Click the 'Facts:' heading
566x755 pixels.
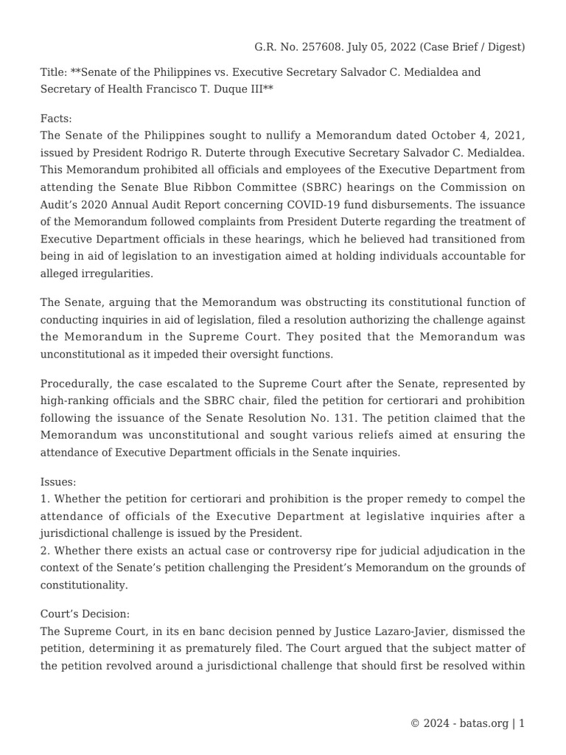(56, 118)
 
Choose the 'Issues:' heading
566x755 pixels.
(58, 481)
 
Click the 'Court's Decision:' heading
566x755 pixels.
(85, 613)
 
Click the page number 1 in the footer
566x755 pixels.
(522, 723)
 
